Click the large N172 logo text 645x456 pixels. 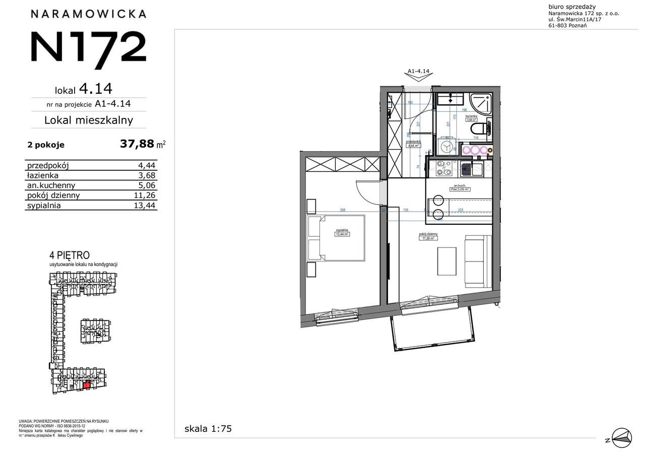[89, 47]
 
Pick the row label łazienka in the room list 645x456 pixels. [43, 175]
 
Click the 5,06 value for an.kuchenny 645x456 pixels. [147, 185]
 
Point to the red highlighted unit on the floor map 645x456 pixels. [86, 385]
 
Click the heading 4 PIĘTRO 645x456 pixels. [70, 255]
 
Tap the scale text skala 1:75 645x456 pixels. [208, 429]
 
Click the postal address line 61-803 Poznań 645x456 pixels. [567, 26]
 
